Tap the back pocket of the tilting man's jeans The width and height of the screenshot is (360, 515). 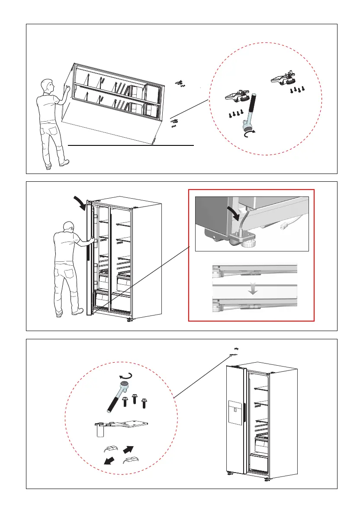[x=53, y=131]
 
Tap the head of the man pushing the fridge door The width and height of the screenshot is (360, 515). [x=65, y=228]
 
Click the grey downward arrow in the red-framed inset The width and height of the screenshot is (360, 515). [x=254, y=290]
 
